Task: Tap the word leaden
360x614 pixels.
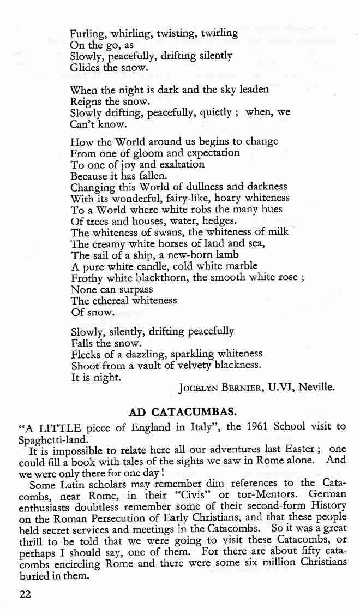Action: click(255, 90)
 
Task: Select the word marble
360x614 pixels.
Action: click(238, 266)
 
